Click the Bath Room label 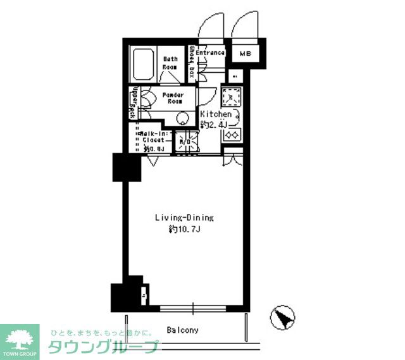point(170,62)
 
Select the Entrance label point(210,53)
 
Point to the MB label point(246,54)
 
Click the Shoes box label point(191,62)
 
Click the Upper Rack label point(133,104)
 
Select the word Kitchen point(216,115)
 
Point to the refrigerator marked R point(235,77)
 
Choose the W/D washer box point(185,142)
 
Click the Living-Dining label point(185,218)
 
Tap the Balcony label point(183,330)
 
